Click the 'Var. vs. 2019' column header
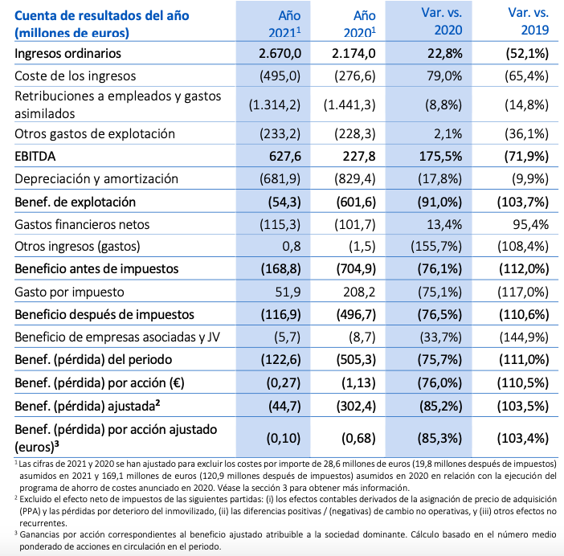click(x=528, y=22)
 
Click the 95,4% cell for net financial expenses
click(x=533, y=223)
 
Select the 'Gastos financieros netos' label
click(x=82, y=223)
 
